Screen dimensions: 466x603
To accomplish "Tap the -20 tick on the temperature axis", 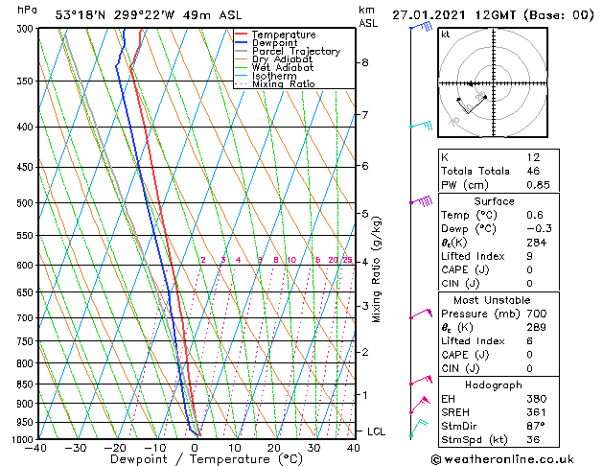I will pos(115,447).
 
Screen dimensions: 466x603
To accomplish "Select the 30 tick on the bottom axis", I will pos(313,447).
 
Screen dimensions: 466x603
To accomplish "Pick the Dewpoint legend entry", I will pos(275,43).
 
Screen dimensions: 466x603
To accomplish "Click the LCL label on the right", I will pos(377,431).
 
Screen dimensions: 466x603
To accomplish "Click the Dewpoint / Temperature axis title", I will pos(195,459).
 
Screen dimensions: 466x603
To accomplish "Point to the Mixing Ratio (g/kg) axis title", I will pos(377,269).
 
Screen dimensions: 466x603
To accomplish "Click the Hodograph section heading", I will pos(489,384).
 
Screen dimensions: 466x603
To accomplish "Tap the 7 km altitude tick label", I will pos(364,115).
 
